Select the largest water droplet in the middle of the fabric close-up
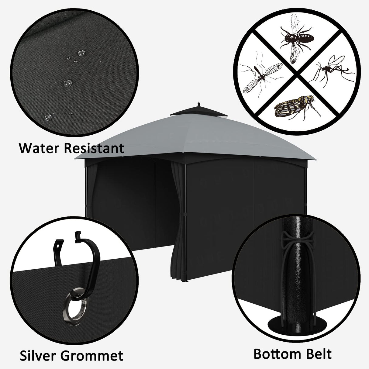click(67, 83)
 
